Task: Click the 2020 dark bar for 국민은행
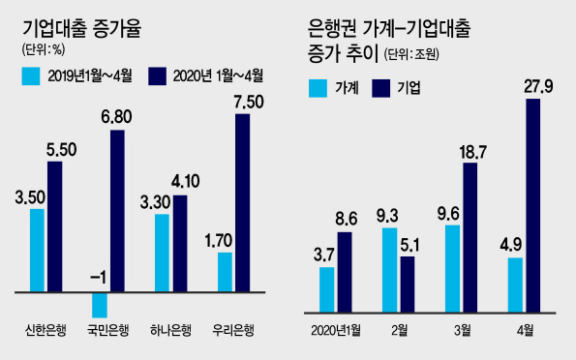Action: click(117, 211)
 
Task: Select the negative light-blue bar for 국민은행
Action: click(100, 305)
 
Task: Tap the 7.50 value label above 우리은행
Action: click(249, 103)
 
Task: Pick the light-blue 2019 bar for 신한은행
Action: click(37, 251)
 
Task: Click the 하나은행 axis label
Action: click(170, 330)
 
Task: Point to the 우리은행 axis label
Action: click(233, 330)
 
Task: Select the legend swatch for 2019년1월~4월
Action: click(31, 76)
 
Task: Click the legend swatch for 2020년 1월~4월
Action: click(157, 76)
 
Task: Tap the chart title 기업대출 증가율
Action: click(82, 29)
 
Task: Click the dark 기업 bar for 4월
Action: click(533, 206)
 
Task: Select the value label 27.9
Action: click(538, 87)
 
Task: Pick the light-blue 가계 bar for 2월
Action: click(390, 270)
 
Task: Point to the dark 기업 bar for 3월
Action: click(470, 238)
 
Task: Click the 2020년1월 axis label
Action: click(336, 331)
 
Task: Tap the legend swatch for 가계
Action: click(318, 88)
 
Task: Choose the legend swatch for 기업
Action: click(381, 88)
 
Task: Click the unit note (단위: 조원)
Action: click(411, 55)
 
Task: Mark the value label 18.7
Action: click(472, 152)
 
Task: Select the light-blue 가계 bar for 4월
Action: click(515, 285)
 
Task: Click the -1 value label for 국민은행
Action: click(98, 278)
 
